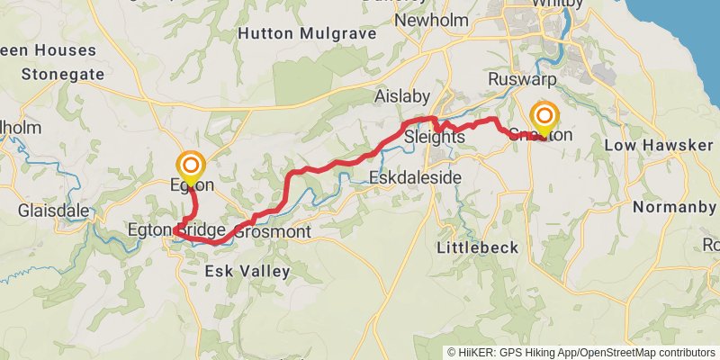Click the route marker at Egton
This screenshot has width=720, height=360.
click(191, 166)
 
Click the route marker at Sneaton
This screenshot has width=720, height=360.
click(544, 117)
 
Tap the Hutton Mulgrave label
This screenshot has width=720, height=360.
click(295, 33)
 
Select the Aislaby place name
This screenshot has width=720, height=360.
click(402, 96)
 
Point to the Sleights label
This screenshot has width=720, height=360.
click(435, 138)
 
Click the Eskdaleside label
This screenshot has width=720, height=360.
click(416, 179)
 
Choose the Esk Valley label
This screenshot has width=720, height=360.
click(247, 271)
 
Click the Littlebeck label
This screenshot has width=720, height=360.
click(473, 247)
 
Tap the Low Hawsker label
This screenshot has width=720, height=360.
click(645, 146)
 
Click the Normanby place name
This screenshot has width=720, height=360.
click(674, 208)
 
